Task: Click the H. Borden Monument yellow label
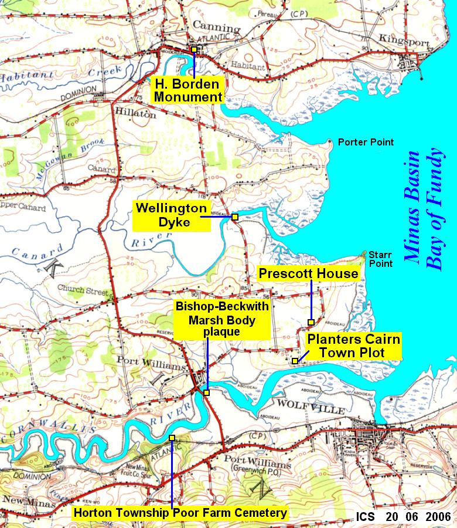pos(187,90)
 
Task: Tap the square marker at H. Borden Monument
pos(194,49)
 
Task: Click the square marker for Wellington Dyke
pos(234,217)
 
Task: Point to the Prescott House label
pos(309,273)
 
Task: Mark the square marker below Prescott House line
pos(311,322)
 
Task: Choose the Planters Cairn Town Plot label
pos(354,346)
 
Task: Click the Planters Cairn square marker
pos(294,361)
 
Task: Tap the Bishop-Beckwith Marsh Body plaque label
pos(223,319)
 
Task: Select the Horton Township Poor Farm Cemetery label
pos(180,513)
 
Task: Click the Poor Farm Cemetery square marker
pos(172,438)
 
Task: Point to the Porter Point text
pos(366,143)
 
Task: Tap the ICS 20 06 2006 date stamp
pos(403,517)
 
